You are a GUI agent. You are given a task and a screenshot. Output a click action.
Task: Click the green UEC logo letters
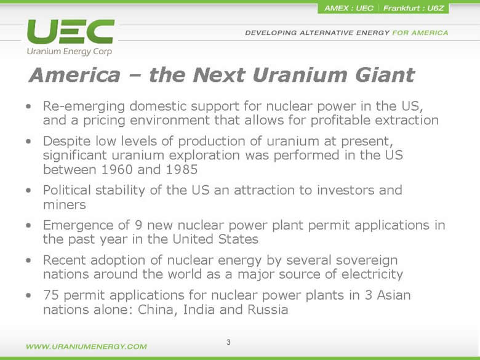(71, 31)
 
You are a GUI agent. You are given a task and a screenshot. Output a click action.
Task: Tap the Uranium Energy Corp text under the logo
(70, 52)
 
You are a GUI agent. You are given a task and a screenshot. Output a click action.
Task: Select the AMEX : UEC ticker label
(349, 8)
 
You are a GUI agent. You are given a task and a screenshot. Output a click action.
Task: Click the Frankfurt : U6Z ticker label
(414, 8)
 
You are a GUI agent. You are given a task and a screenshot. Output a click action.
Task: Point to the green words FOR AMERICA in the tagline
(420, 33)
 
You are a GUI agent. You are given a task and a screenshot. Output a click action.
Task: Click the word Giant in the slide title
(385, 75)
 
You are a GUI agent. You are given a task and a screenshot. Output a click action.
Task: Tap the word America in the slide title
(74, 75)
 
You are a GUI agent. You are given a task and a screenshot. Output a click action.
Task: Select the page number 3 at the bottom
(228, 342)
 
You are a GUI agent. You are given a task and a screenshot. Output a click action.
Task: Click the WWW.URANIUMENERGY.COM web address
(86, 346)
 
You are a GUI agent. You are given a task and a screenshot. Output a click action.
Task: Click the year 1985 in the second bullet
(182, 169)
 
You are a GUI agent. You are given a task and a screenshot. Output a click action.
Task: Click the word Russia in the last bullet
(268, 310)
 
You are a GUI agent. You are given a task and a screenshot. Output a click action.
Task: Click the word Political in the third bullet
(67, 190)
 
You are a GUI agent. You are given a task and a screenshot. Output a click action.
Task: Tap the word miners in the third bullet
(65, 204)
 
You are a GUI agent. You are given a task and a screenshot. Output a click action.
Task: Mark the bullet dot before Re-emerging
(28, 106)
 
